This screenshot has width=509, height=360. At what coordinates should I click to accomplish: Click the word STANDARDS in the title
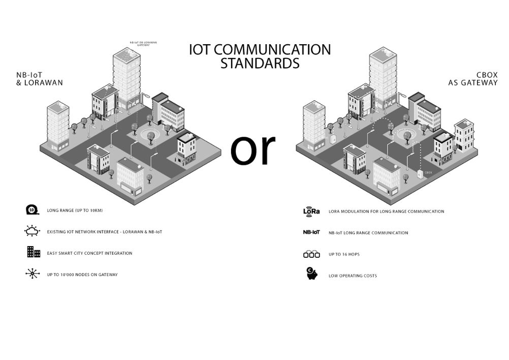[x=259, y=64]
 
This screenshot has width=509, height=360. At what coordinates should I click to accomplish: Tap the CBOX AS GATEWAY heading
[x=473, y=79]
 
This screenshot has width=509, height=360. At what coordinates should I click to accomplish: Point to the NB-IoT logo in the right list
[x=311, y=232]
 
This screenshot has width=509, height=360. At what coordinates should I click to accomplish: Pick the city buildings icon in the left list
[x=33, y=252]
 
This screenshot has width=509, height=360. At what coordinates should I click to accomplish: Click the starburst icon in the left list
[x=33, y=274]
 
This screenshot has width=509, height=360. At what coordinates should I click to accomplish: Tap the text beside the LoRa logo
[x=387, y=211]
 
